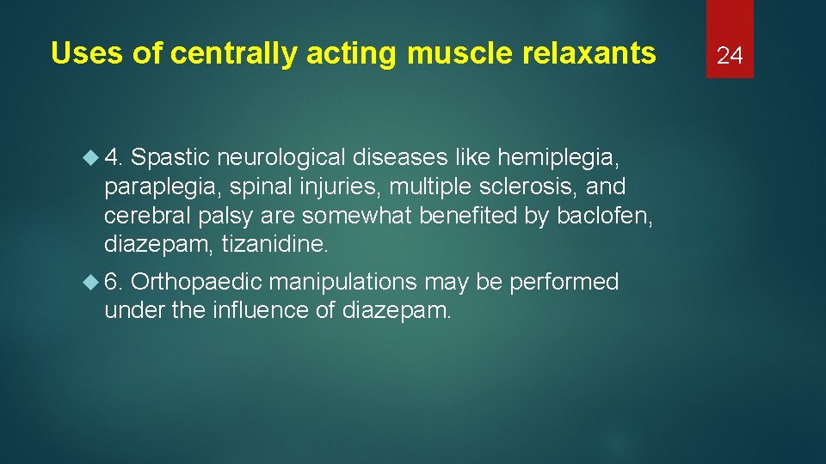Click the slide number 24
[x=730, y=56]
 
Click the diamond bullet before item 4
[x=90, y=157]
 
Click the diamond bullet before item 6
[x=90, y=282]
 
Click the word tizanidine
[x=274, y=245]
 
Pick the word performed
[x=564, y=282]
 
